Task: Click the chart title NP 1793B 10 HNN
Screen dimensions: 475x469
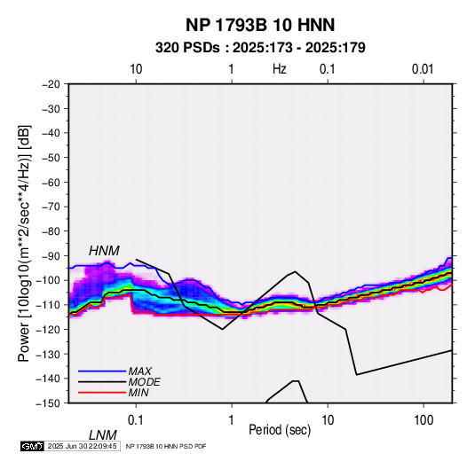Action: [x=260, y=25]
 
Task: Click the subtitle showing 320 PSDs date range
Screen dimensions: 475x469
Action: [x=260, y=48]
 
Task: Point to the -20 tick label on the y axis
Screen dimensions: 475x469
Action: [x=51, y=84]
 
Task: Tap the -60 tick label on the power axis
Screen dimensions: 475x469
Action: [x=51, y=183]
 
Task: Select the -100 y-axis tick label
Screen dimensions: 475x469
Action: [x=48, y=280]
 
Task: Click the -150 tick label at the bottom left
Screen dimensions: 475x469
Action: [x=48, y=403]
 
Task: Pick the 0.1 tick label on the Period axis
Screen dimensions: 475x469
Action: [x=135, y=420]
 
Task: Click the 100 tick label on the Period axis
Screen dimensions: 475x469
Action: [x=424, y=420]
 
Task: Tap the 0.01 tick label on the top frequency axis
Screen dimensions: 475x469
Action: [x=423, y=69]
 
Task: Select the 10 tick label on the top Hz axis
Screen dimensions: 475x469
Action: [x=136, y=69]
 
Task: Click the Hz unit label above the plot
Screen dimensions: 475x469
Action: [x=280, y=69]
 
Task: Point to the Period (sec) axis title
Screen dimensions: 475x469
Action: [x=280, y=430]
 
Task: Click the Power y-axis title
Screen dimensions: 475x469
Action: [x=24, y=244]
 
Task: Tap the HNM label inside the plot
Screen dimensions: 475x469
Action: [x=104, y=251]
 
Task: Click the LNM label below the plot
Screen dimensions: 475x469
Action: [x=102, y=435]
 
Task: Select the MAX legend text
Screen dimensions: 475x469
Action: [x=139, y=371]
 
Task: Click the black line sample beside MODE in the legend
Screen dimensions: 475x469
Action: [x=102, y=382]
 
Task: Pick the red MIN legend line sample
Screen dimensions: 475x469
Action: [x=102, y=393]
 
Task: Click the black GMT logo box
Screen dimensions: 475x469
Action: [x=33, y=446]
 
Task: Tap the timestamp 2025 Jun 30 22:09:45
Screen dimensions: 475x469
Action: [x=82, y=446]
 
